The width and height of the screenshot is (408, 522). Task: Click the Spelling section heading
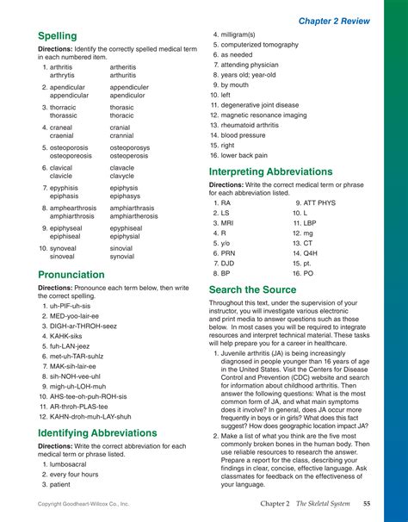pos(57,36)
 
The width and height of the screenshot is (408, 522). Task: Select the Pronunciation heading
pos(71,275)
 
